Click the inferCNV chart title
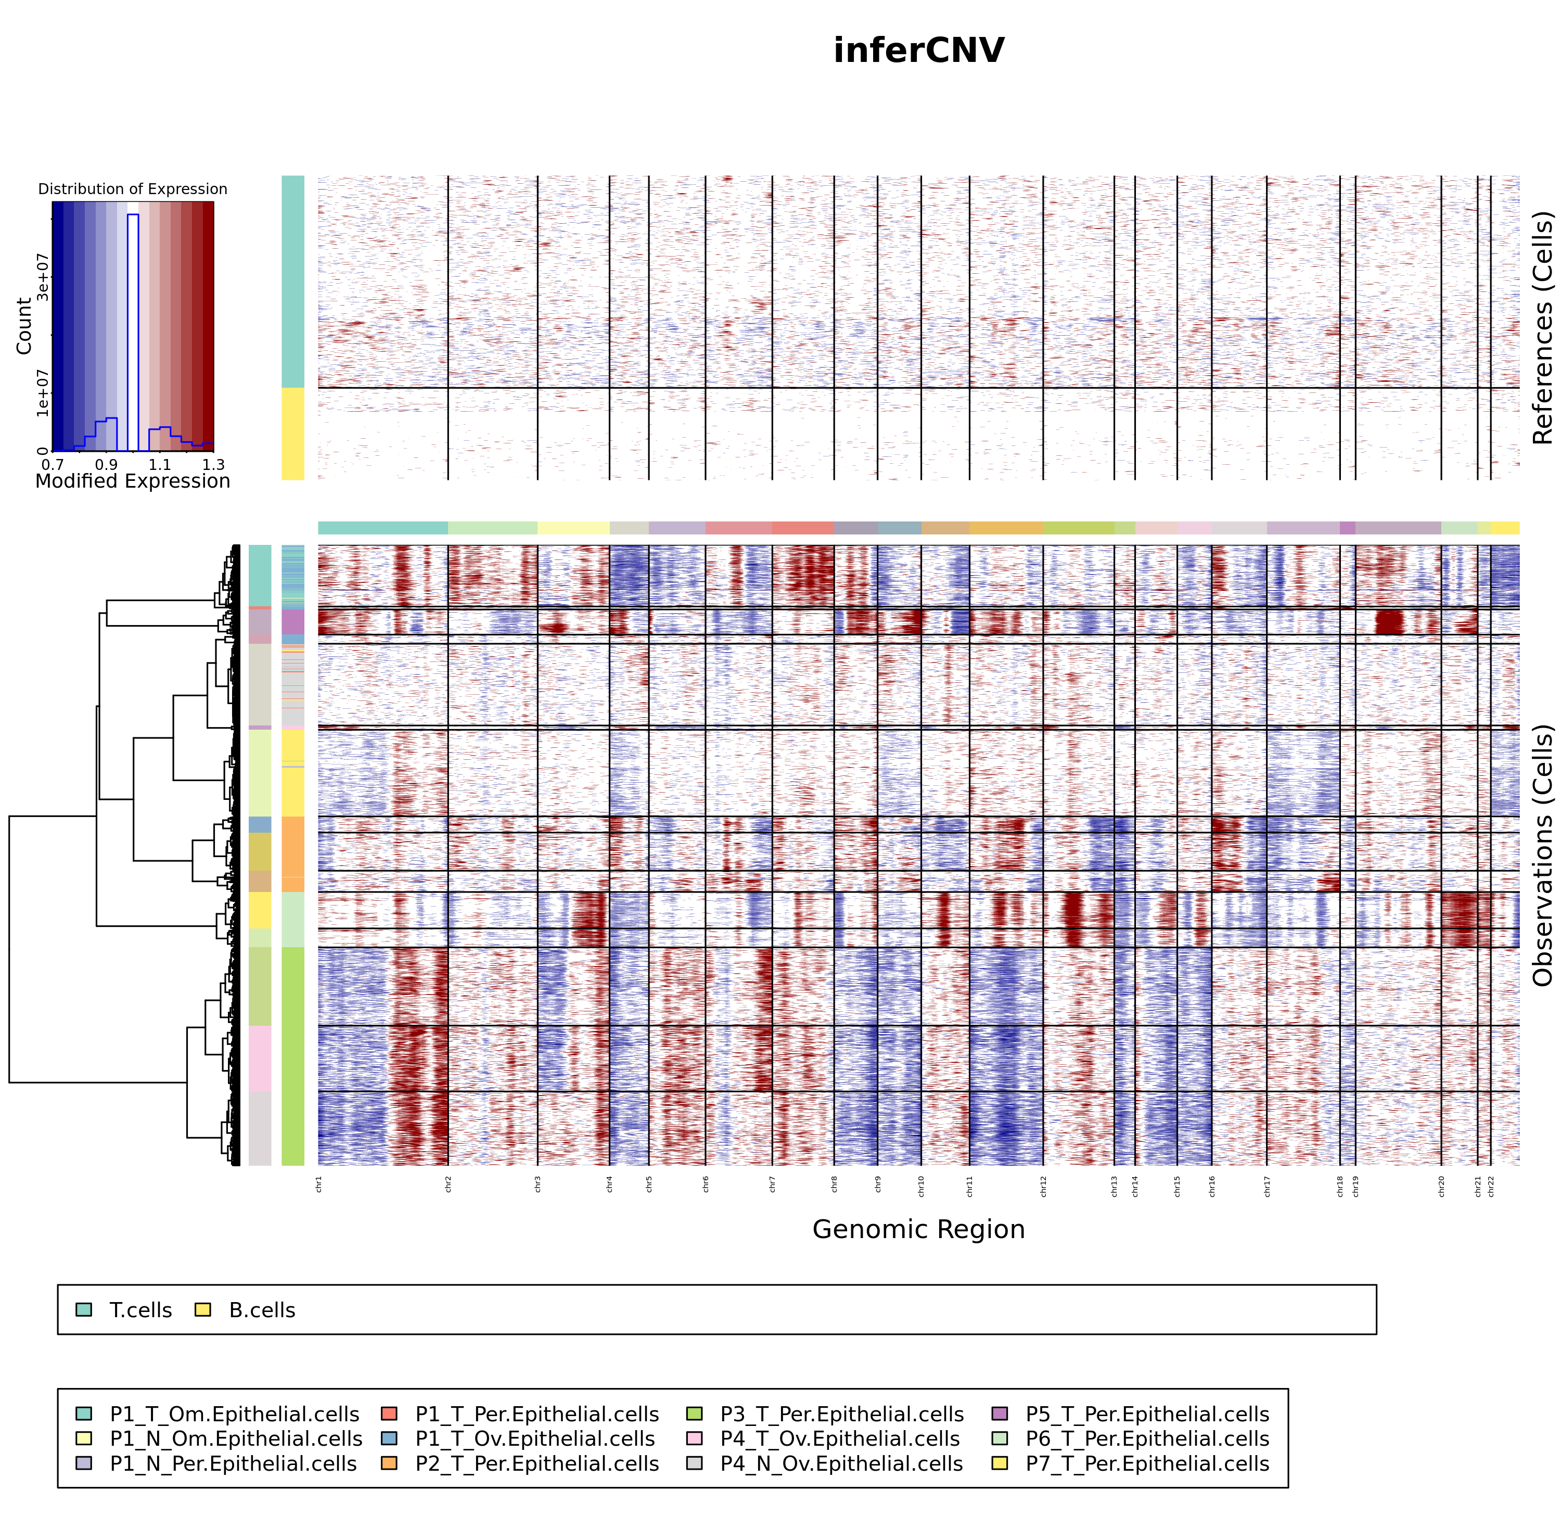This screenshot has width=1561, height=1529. [918, 50]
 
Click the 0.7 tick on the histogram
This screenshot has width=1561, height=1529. [53, 465]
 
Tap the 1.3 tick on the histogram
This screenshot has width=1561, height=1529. [213, 465]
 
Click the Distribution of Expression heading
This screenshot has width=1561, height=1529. [133, 189]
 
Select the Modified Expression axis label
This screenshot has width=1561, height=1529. [133, 481]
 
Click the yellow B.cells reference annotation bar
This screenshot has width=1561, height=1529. [293, 434]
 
